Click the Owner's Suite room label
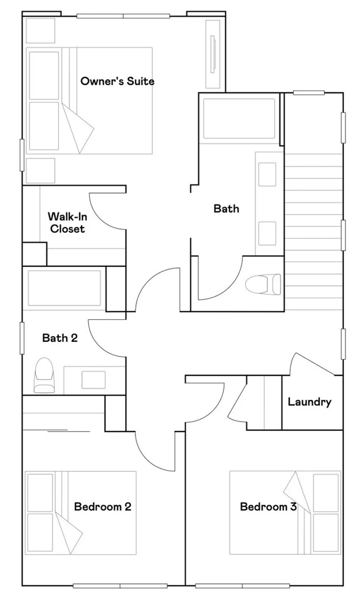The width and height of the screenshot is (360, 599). click(117, 81)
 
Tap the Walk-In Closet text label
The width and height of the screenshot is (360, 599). click(67, 223)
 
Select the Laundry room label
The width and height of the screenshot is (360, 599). click(309, 402)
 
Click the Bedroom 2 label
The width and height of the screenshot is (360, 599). click(103, 507)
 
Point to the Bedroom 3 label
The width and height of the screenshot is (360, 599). click(268, 507)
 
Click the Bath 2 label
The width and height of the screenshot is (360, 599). click(60, 338)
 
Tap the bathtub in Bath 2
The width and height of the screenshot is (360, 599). click(64, 288)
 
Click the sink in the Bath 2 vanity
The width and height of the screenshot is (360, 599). click(94, 380)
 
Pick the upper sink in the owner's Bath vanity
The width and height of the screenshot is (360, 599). click(267, 174)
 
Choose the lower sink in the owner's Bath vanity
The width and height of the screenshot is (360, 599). click(267, 233)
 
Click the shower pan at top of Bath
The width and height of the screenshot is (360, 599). click(239, 118)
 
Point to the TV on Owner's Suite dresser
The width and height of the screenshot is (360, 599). click(212, 54)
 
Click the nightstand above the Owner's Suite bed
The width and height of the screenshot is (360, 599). click(40, 31)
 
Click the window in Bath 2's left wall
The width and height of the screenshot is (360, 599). click(22, 338)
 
